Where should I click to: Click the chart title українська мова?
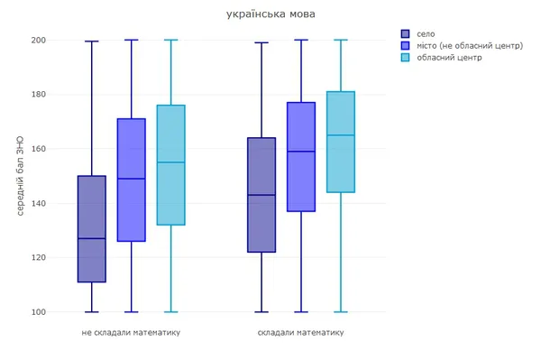[x=270, y=14]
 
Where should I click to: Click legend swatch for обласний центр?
[x=405, y=58]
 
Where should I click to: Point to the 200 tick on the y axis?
[x=38, y=40]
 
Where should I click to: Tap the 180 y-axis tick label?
[x=38, y=94]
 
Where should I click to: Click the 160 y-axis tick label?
[x=38, y=149]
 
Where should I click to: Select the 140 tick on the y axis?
[x=38, y=203]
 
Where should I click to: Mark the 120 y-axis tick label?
[x=38, y=257]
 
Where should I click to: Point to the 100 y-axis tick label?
[x=38, y=312]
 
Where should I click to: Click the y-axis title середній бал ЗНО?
[x=20, y=176]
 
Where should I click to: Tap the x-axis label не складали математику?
[x=131, y=332]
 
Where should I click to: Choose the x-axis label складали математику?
[x=301, y=332]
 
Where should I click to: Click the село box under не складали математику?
[x=92, y=229]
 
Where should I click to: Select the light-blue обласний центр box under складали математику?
[x=341, y=142]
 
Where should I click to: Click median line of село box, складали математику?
[x=261, y=195]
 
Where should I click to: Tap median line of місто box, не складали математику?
[x=132, y=179]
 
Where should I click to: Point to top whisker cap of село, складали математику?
[x=261, y=42]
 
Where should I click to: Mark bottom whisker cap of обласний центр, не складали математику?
[x=171, y=312]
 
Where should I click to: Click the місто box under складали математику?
[x=301, y=157]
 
